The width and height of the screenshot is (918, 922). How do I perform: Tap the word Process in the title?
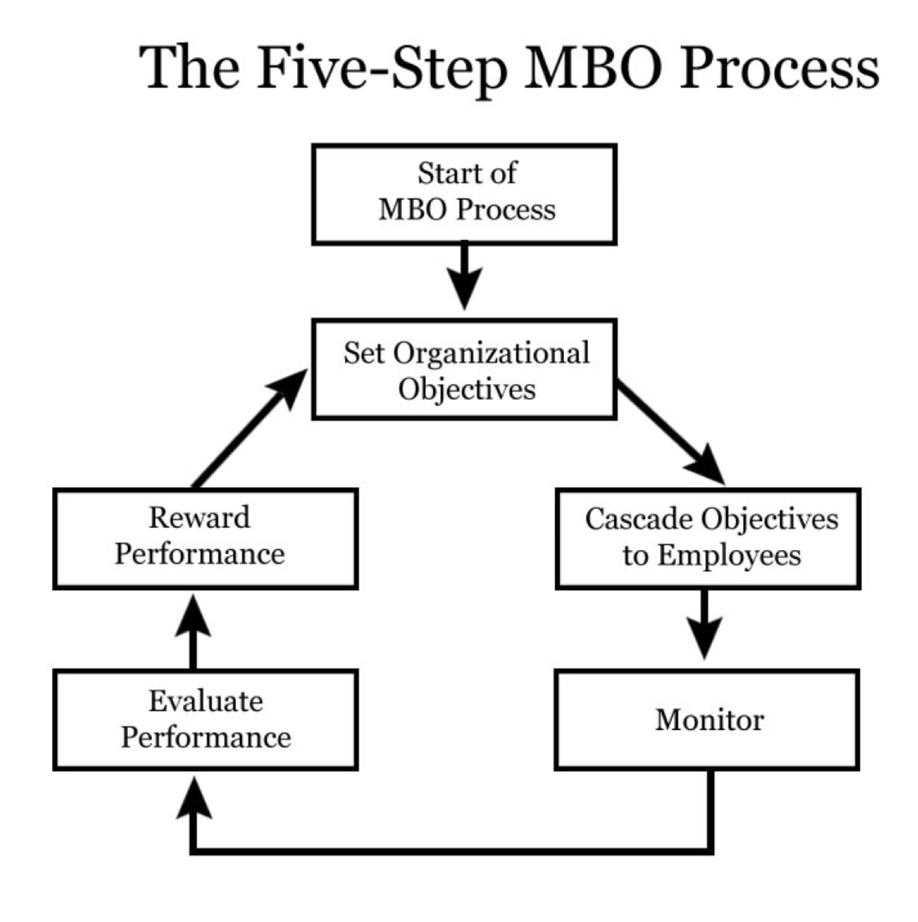tap(779, 67)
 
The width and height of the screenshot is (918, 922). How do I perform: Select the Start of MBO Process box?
tap(465, 194)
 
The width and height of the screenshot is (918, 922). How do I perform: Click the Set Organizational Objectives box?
tap(465, 369)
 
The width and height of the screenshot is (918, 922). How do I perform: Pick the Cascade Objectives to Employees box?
tap(708, 538)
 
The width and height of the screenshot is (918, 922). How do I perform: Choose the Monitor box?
tap(707, 720)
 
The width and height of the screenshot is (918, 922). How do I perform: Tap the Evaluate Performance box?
tap(206, 720)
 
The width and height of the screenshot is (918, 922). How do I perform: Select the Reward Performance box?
tap(206, 538)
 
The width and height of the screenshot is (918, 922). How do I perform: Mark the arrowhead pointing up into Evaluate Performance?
tap(193, 800)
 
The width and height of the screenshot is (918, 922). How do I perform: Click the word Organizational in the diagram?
tap(491, 353)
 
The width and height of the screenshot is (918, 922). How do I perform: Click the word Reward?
tap(200, 518)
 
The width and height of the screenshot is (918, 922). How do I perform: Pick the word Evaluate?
tap(206, 701)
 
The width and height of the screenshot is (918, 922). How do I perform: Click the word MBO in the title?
tap(594, 67)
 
